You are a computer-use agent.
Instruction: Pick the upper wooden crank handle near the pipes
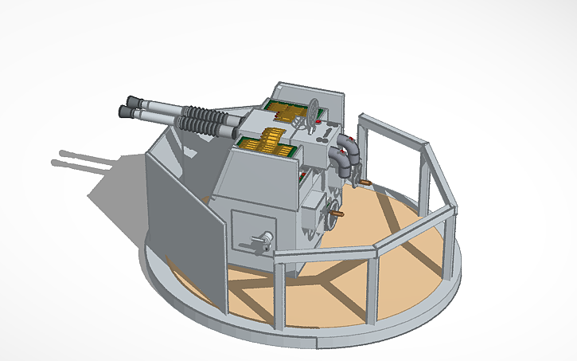tap(365, 183)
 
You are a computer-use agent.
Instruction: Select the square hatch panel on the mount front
tap(251, 232)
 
